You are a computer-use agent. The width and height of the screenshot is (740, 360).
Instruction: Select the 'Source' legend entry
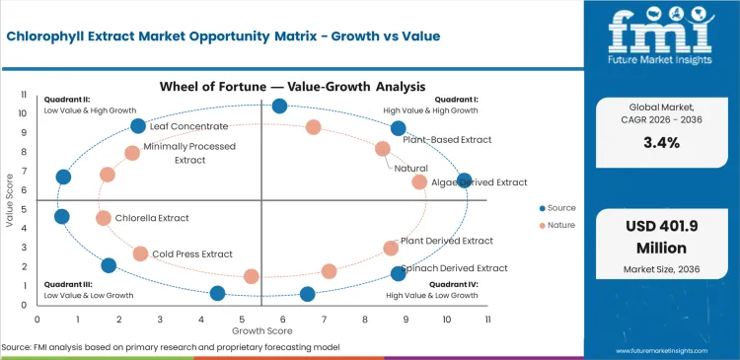click(x=560, y=208)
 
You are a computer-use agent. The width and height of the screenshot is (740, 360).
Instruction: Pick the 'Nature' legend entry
click(x=560, y=225)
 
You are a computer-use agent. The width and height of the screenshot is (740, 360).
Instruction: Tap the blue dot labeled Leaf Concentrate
click(x=138, y=126)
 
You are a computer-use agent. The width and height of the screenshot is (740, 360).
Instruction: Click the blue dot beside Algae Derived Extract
click(x=465, y=180)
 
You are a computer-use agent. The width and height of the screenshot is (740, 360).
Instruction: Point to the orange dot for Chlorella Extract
click(x=104, y=218)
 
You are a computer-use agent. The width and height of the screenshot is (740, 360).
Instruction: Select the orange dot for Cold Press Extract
click(x=140, y=253)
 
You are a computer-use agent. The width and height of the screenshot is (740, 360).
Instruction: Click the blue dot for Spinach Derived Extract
click(x=399, y=273)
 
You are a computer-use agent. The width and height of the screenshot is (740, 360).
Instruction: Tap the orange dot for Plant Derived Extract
click(x=391, y=248)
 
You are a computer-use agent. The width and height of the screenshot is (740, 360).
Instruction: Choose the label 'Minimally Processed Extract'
click(x=188, y=153)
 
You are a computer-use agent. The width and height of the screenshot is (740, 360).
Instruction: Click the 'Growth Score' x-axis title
click(x=260, y=330)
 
